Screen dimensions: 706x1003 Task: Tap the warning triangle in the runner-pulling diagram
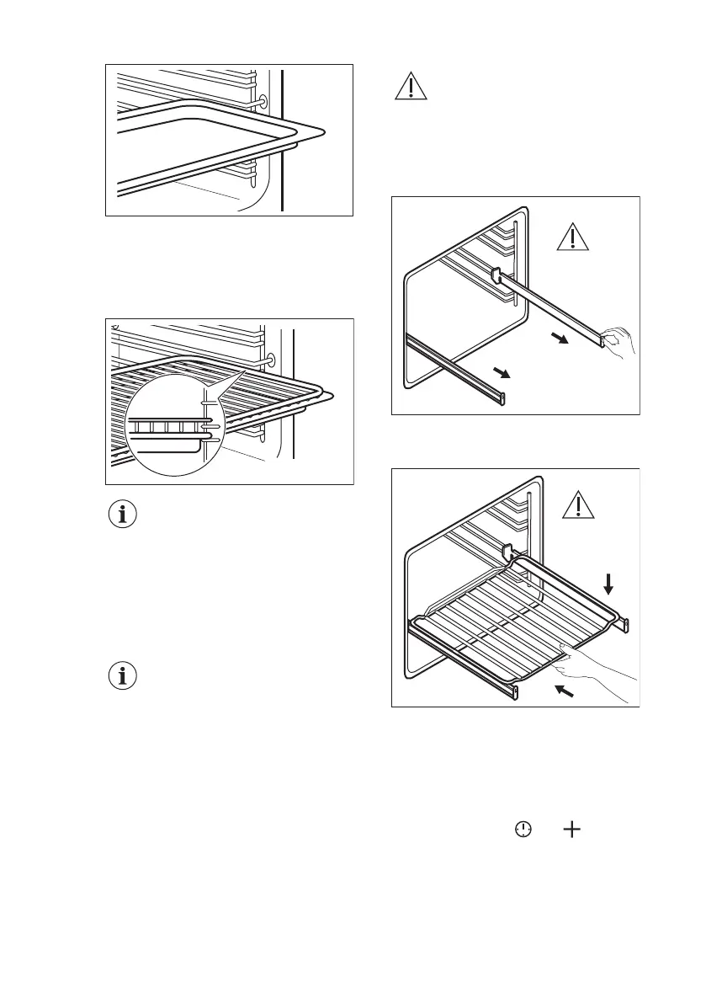click(573, 237)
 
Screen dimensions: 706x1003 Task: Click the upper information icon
click(124, 515)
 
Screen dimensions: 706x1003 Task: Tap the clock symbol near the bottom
click(523, 830)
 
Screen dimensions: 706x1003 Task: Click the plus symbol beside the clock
click(571, 830)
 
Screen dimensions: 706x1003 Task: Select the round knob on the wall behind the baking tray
click(264, 102)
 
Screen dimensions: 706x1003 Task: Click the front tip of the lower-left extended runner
click(503, 397)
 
